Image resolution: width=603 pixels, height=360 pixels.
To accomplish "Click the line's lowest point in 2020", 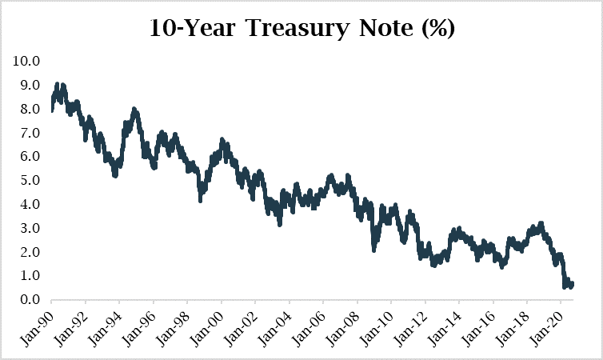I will (x=565, y=287).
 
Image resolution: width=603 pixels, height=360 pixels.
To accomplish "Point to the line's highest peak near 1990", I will (x=57, y=83).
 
